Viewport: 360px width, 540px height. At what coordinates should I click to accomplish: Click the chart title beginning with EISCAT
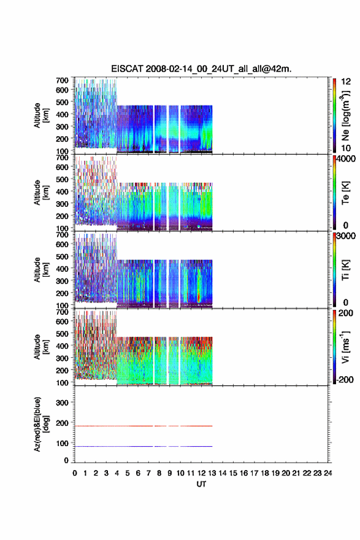click(201, 69)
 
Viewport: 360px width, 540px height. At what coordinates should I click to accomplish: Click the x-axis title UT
click(201, 484)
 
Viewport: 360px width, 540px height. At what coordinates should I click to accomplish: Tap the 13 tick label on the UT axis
click(212, 473)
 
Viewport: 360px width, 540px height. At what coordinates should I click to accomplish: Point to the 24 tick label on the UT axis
click(327, 473)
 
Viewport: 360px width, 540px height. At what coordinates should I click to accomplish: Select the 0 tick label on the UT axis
click(75, 473)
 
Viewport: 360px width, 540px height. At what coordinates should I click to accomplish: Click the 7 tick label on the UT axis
click(148, 473)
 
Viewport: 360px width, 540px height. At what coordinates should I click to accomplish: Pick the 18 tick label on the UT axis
click(265, 473)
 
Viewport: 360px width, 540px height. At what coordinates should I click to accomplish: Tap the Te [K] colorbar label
click(345, 193)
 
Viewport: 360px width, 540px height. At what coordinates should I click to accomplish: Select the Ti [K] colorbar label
click(345, 269)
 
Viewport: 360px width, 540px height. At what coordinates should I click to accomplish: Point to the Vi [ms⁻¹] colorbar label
click(345, 347)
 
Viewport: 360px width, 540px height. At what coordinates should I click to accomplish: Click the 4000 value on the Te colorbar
click(346, 159)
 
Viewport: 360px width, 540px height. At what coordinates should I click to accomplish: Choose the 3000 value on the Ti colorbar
click(346, 236)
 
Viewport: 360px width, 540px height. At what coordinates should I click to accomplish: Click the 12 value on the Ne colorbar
click(346, 82)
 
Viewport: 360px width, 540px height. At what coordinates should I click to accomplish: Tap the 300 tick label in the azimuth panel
click(62, 403)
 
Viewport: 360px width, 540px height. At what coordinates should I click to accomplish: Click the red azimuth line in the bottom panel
click(144, 426)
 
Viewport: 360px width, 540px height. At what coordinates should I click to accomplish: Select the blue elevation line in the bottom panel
click(144, 446)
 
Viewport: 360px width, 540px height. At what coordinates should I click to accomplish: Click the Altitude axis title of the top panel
click(41, 115)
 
